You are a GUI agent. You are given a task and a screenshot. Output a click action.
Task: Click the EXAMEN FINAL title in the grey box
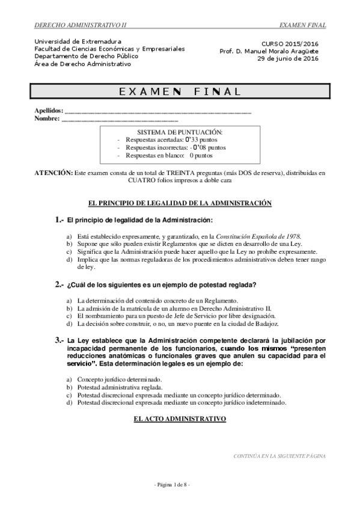[x=180, y=91]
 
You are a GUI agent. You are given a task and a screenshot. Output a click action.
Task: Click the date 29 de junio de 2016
[x=287, y=58]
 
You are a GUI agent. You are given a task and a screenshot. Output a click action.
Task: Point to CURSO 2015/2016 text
[x=290, y=44]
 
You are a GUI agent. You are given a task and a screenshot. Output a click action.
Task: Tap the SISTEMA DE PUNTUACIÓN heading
[x=180, y=131]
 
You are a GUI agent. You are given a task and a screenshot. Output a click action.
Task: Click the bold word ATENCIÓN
[x=53, y=173]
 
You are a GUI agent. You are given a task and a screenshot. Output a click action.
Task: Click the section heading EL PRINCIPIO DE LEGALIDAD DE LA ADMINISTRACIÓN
[x=180, y=203]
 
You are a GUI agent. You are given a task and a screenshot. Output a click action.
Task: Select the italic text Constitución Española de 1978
[x=258, y=237]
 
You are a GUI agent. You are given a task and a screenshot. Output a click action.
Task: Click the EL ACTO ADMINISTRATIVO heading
[x=180, y=417]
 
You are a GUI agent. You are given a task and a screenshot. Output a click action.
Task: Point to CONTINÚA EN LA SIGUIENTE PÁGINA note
[x=279, y=456]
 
